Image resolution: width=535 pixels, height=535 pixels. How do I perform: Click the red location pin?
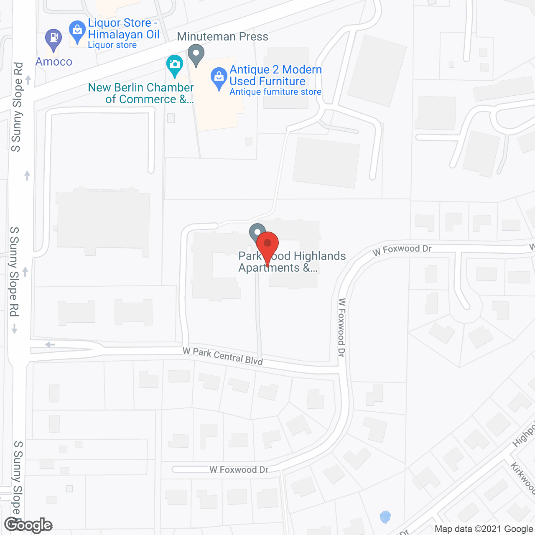(x=267, y=245)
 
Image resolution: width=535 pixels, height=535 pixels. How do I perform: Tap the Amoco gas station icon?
(x=53, y=38)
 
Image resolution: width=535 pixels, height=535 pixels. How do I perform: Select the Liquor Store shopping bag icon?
(x=77, y=31)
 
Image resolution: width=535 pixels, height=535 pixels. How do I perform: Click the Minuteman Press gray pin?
(x=196, y=54)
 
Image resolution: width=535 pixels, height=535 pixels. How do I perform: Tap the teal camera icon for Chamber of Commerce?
(x=174, y=65)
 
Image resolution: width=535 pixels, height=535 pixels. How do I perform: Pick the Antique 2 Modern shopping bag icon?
(x=219, y=77)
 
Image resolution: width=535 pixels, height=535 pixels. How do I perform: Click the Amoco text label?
(x=54, y=62)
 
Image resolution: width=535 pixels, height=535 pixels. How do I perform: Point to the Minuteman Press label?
(x=222, y=37)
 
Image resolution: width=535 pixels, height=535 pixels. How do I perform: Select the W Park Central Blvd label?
(x=223, y=357)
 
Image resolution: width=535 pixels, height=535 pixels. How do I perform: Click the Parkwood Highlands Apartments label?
(x=292, y=262)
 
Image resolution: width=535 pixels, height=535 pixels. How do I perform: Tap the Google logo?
(x=28, y=525)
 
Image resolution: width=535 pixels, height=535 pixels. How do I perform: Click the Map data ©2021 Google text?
(x=484, y=529)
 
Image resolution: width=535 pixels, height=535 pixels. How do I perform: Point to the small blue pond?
(x=385, y=517)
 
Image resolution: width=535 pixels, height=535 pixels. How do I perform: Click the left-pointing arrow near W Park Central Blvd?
(x=50, y=345)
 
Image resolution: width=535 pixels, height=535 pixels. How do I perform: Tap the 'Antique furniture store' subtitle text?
(x=275, y=92)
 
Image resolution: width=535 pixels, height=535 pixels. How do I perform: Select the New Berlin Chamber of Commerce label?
(x=141, y=93)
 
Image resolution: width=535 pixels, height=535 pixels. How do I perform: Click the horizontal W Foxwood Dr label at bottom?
(x=239, y=470)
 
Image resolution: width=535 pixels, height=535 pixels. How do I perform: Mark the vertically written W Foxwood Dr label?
(x=341, y=327)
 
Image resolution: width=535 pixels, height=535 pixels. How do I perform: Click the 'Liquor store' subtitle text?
(x=112, y=45)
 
